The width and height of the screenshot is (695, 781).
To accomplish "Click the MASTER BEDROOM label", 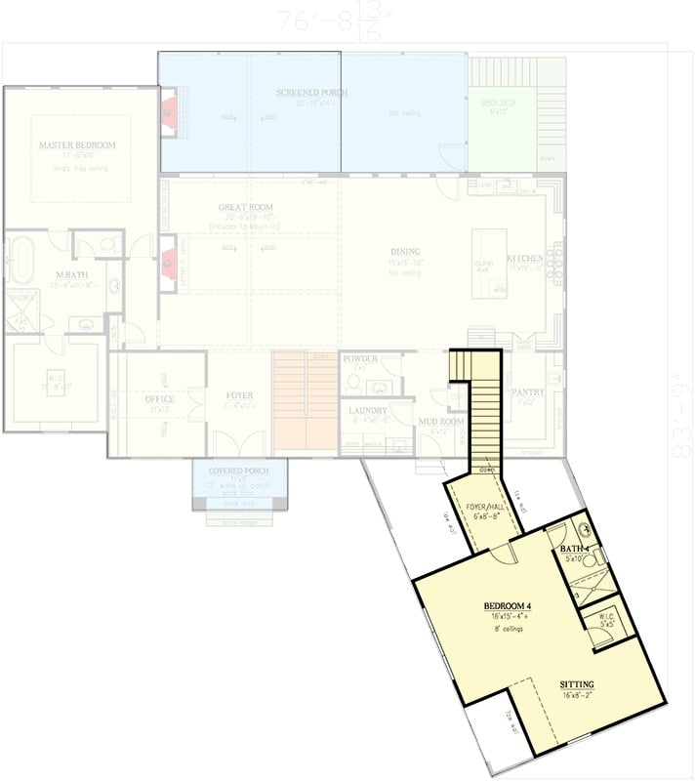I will click(x=77, y=145).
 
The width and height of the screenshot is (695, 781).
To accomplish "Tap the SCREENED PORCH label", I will click(x=311, y=93).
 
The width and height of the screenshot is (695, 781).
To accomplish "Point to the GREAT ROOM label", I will click(x=245, y=208).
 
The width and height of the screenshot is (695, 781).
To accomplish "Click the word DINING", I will click(x=403, y=251).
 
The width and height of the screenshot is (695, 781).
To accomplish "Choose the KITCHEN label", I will click(x=523, y=259).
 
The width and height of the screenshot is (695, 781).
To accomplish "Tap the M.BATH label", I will click(x=71, y=274).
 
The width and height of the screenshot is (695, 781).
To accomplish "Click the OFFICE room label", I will click(x=159, y=399).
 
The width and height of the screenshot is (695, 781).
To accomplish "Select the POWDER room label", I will click(x=358, y=359).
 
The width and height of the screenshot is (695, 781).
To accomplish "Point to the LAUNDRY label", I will click(x=368, y=411).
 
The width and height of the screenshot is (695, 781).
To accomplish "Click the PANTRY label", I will click(x=527, y=391).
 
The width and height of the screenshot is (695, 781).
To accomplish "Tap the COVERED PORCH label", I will click(x=239, y=472).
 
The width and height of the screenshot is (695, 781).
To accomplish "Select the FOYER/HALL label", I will click(x=483, y=507).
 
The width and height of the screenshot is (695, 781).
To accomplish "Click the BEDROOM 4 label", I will click(x=507, y=606).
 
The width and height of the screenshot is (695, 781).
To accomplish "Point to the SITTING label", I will click(x=577, y=683).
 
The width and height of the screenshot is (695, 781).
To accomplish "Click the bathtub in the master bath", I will click(x=21, y=258).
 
